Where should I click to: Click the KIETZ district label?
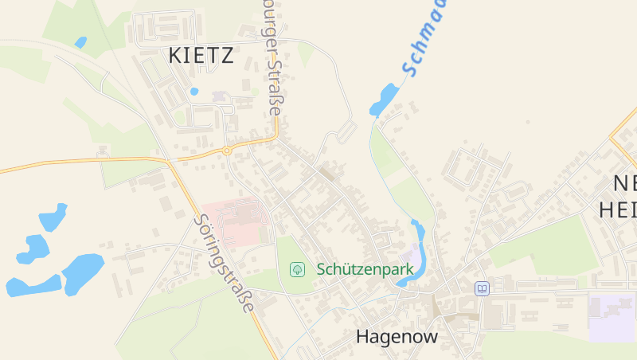pos(201,56)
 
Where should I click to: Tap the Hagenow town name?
pos(397,337)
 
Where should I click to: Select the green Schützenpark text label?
pos(365,269)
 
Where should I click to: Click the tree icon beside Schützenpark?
pos(298,269)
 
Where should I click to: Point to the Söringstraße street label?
pos(225,263)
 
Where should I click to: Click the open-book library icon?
pos(481,288)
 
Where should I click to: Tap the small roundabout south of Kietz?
pos(227,150)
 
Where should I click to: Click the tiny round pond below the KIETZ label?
pos(194,92)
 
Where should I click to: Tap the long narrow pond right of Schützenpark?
pos(417,251)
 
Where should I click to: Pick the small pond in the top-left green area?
pos(80,41)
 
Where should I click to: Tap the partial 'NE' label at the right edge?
pos(623,184)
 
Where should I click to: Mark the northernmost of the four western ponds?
pos(53,217)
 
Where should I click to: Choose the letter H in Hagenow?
pos(363,337)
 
